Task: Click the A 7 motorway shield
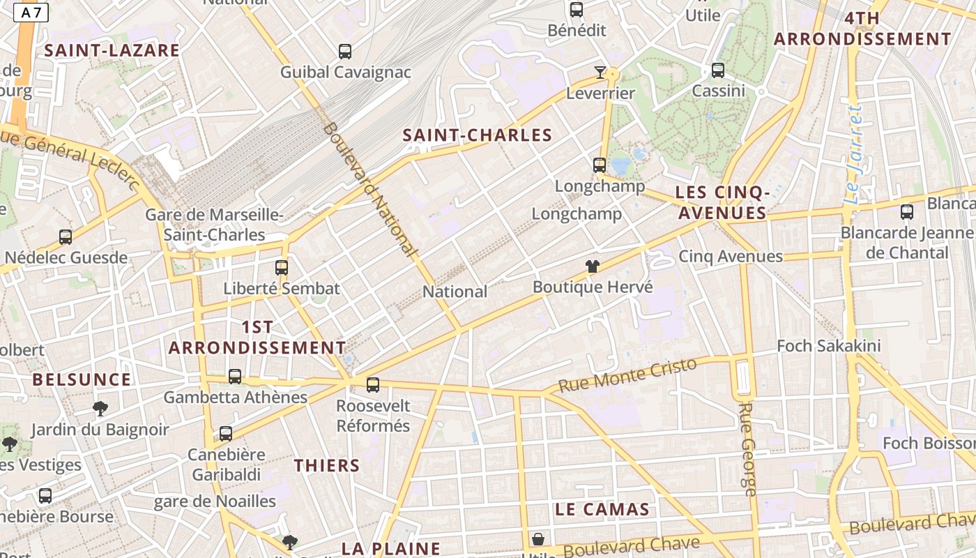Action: [31, 13]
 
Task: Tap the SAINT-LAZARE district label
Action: [112, 50]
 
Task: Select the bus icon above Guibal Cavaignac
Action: [345, 51]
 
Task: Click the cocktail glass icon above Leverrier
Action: [600, 72]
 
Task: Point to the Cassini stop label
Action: [718, 91]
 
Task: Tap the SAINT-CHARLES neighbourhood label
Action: [477, 135]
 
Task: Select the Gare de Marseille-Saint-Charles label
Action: [214, 225]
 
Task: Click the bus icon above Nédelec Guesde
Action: [66, 237]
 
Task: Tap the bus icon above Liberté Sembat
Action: [282, 268]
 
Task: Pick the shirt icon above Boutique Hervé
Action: [593, 266]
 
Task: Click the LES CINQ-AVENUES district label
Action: [723, 202]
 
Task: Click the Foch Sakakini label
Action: [829, 345]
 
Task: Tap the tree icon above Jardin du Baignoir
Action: [100, 409]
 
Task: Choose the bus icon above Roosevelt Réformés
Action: [373, 384]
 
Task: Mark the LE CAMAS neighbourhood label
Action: [602, 509]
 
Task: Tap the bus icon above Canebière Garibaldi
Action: [226, 434]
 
